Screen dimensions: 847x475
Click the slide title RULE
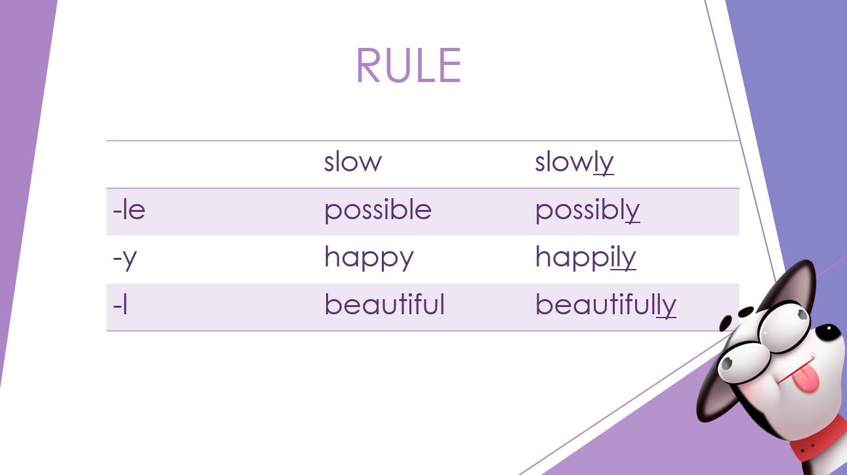point(408,65)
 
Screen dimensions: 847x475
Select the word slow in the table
point(353,162)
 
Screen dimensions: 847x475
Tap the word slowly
point(574,163)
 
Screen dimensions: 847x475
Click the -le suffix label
point(129,209)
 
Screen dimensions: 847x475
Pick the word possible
point(378,210)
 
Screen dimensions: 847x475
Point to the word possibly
point(587,210)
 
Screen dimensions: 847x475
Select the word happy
point(369,258)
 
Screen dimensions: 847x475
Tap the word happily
point(586,258)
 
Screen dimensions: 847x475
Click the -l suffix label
point(120,304)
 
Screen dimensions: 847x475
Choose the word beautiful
point(384,304)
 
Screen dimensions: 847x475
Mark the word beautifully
point(606,305)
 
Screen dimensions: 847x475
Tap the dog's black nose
point(828,335)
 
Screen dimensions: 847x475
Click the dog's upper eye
point(785,325)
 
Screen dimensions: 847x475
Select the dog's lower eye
point(743,363)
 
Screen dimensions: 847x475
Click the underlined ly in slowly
point(604,163)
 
